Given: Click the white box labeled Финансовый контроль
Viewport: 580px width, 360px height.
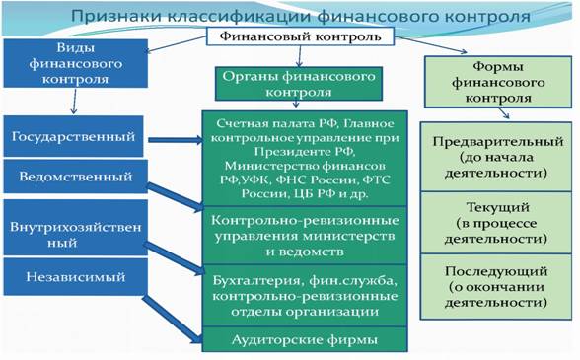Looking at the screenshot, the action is pos(300,36).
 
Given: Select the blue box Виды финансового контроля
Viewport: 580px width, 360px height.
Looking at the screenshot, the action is pos(75,63).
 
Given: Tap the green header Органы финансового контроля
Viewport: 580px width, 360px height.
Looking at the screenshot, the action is pos(299,84).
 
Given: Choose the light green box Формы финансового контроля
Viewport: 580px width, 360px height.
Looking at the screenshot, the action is pos(498,82).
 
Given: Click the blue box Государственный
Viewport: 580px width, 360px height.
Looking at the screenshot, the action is pos(73,136).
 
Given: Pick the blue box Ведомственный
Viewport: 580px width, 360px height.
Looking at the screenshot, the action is pos(75,177).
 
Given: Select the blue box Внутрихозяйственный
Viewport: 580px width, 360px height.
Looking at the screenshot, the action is pos(75,228).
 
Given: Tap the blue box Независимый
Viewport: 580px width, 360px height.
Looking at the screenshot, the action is pos(75,277).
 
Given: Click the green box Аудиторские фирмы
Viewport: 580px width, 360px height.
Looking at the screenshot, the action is pos(305,339).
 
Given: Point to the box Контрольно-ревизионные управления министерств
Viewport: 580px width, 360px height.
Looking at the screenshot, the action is pos(305,236).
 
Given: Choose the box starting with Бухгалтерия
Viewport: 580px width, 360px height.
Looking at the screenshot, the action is pos(305,296).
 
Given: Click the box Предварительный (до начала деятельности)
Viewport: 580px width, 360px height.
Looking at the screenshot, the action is pos(496,157).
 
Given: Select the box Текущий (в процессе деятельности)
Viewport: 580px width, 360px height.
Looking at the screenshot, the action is pos(496,222).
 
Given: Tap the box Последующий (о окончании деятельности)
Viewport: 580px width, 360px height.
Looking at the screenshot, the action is pos(496,287).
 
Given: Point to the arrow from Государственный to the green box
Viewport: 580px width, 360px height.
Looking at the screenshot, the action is pos(176,140).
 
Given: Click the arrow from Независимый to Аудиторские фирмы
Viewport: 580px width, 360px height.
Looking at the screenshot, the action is pos(173,319).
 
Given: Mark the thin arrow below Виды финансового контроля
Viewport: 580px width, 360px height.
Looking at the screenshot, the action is pos(74,101).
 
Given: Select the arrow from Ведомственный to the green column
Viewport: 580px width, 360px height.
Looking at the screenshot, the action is pos(176,196).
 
